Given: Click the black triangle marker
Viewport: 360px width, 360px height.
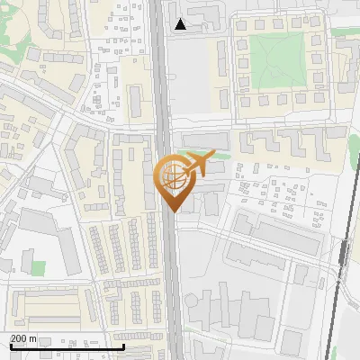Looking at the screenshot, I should (x=181, y=24).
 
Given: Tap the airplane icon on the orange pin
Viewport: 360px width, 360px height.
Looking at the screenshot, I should (x=195, y=164).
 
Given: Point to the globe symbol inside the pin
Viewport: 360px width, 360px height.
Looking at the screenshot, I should (x=171, y=177).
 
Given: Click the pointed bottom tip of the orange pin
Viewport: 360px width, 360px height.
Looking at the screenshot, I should (x=174, y=211).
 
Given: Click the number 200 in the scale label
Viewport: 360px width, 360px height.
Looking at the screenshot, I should (x=19, y=338).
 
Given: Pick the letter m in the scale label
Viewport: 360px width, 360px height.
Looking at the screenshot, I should (x=33, y=338).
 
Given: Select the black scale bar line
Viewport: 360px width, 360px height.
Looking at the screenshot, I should (x=67, y=347).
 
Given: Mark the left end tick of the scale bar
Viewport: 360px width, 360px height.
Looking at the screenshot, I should (x=11, y=346).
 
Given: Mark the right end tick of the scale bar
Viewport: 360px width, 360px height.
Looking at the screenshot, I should (x=123, y=346).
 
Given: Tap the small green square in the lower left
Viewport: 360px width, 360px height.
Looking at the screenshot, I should (x=37, y=267).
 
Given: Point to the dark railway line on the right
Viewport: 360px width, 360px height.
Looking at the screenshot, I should (x=337, y=288).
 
